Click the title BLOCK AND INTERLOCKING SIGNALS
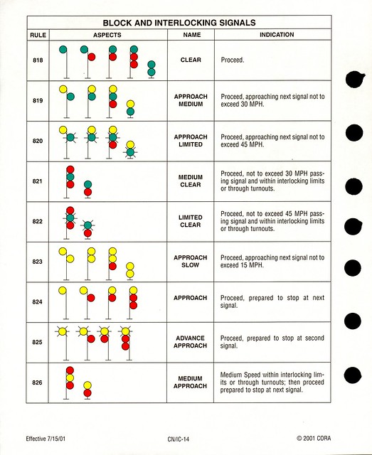pyautogui.click(x=179, y=23)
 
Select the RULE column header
pyautogui.click(x=38, y=35)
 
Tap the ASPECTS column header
pyautogui.click(x=107, y=35)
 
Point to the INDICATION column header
pyautogui.click(x=277, y=35)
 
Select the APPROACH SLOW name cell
pyautogui.click(x=191, y=262)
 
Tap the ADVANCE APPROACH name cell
pyautogui.click(x=191, y=342)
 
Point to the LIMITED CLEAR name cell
pyautogui.click(x=191, y=221)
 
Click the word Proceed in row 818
pyautogui.click(x=233, y=60)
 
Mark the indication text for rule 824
pyautogui.click(x=271, y=301)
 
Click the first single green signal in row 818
pyautogui.click(x=63, y=49)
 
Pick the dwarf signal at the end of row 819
pyautogui.click(x=129, y=107)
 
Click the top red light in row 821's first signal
pyautogui.click(x=70, y=169)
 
